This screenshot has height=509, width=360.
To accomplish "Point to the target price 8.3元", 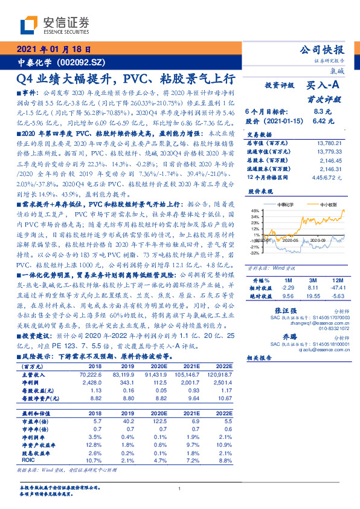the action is pos(323,112).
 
